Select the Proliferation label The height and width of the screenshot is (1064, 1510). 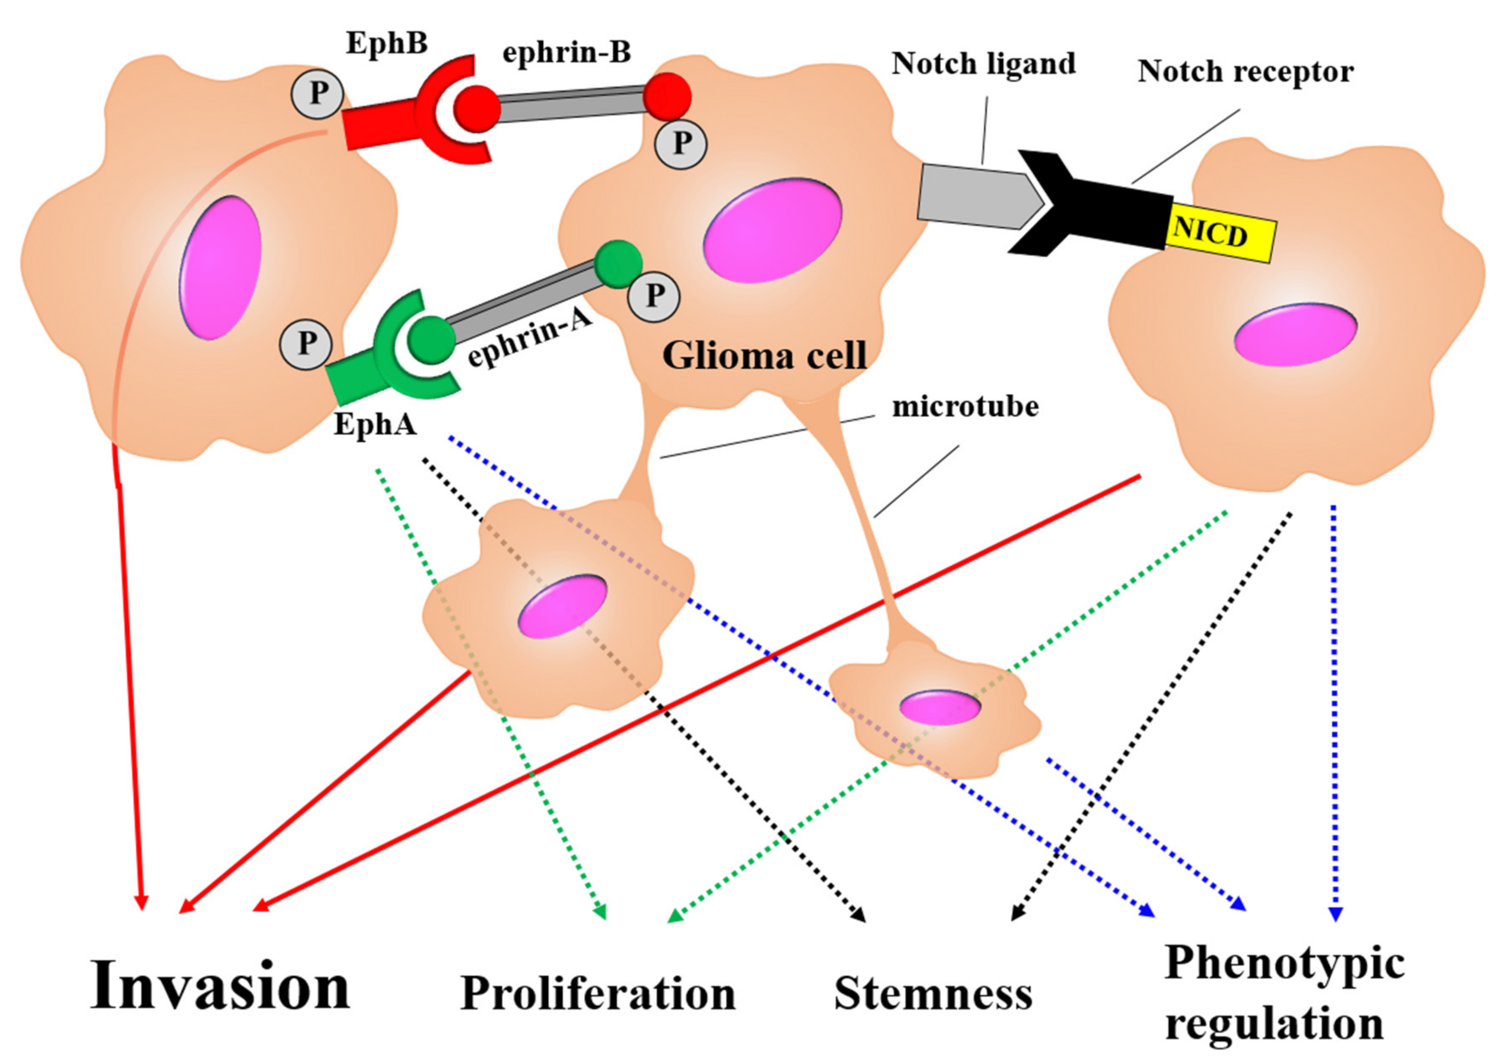pyautogui.click(x=597, y=993)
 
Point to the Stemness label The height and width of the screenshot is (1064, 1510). pyautogui.click(x=933, y=993)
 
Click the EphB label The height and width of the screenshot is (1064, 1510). pyautogui.click(x=387, y=43)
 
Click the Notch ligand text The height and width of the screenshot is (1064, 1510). pyautogui.click(x=983, y=64)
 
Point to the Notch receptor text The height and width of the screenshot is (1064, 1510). pyautogui.click(x=1245, y=71)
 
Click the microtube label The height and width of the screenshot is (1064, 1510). pyautogui.click(x=965, y=407)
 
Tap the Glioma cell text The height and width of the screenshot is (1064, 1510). pyautogui.click(x=764, y=356)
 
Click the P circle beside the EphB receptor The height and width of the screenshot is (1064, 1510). pyautogui.click(x=318, y=94)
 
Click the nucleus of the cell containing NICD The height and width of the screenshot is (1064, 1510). pyautogui.click(x=1295, y=334)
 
